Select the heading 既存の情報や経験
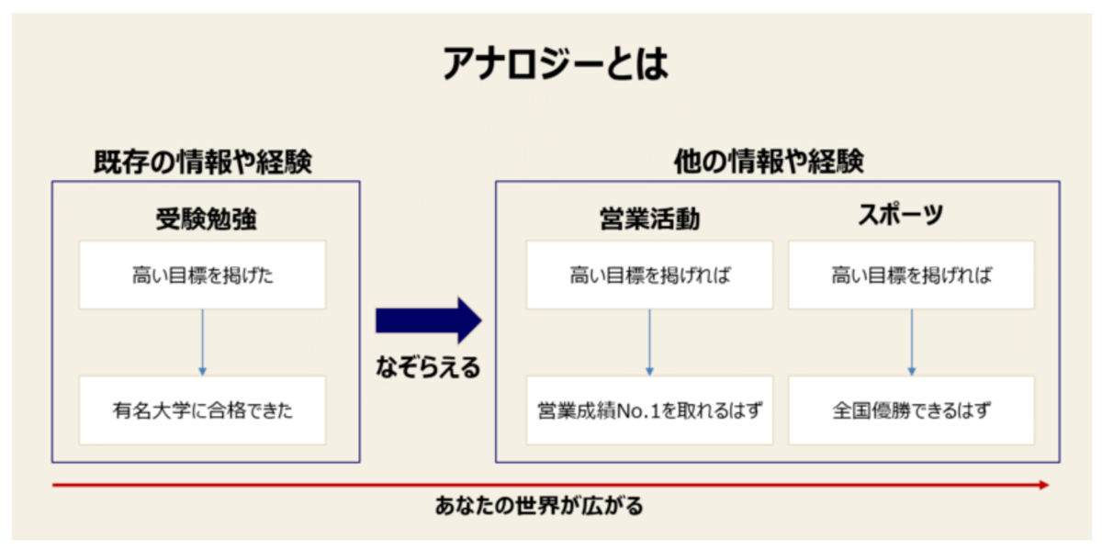coord(203,163)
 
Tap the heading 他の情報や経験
coord(770,163)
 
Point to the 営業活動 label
coord(650,219)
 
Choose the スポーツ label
coord(900,217)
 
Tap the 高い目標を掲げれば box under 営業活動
coord(650,275)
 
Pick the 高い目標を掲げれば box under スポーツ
coord(911,275)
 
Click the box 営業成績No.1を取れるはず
coord(650,410)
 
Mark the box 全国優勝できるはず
coord(911,410)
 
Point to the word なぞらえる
coord(428,369)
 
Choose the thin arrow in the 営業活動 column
coord(650,342)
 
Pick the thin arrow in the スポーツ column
coord(911,342)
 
